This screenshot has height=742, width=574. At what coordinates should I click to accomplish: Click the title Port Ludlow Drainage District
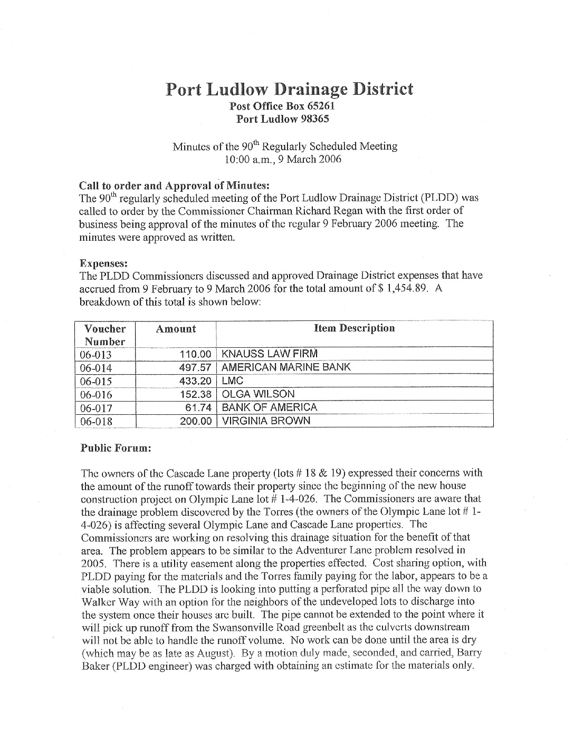click(x=289, y=89)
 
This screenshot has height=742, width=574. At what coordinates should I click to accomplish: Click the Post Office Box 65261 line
click(x=283, y=106)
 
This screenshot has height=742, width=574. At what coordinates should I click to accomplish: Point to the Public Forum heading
click(x=116, y=448)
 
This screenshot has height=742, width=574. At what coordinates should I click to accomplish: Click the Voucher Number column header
click(x=105, y=335)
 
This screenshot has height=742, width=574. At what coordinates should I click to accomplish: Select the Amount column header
click(x=176, y=329)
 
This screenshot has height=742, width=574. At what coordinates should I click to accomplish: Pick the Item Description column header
click(x=354, y=328)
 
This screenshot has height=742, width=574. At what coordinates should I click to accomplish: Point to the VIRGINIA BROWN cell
click(x=266, y=421)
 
